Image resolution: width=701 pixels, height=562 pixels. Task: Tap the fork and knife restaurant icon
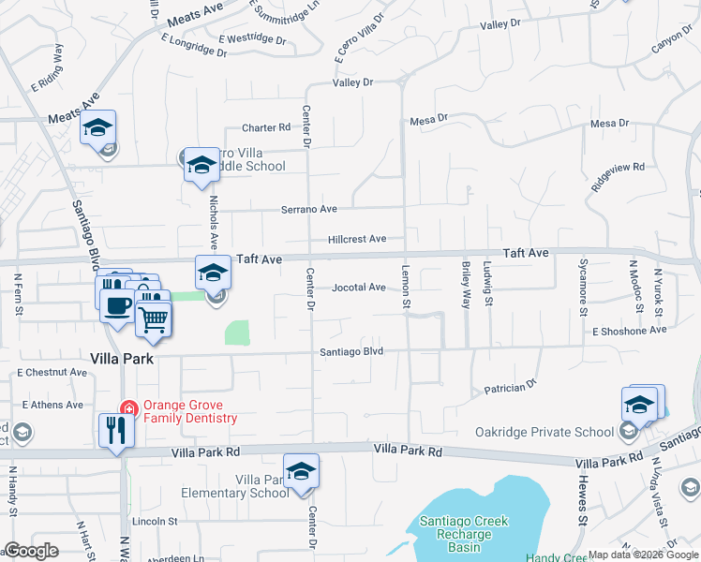(116, 431)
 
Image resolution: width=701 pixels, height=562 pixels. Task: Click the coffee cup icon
(117, 305)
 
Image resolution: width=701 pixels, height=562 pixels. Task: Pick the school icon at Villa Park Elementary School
(301, 471)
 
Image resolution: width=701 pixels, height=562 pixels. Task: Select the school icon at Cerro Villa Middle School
(201, 166)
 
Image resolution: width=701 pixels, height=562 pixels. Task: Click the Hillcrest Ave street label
(356, 240)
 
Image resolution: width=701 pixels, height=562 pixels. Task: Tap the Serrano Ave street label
(309, 210)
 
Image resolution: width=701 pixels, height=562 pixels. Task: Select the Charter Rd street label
(266, 128)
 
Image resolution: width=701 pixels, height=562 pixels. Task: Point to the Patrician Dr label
(509, 385)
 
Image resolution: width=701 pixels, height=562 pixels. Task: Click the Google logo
(32, 552)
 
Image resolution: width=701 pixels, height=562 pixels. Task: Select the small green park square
(238, 333)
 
